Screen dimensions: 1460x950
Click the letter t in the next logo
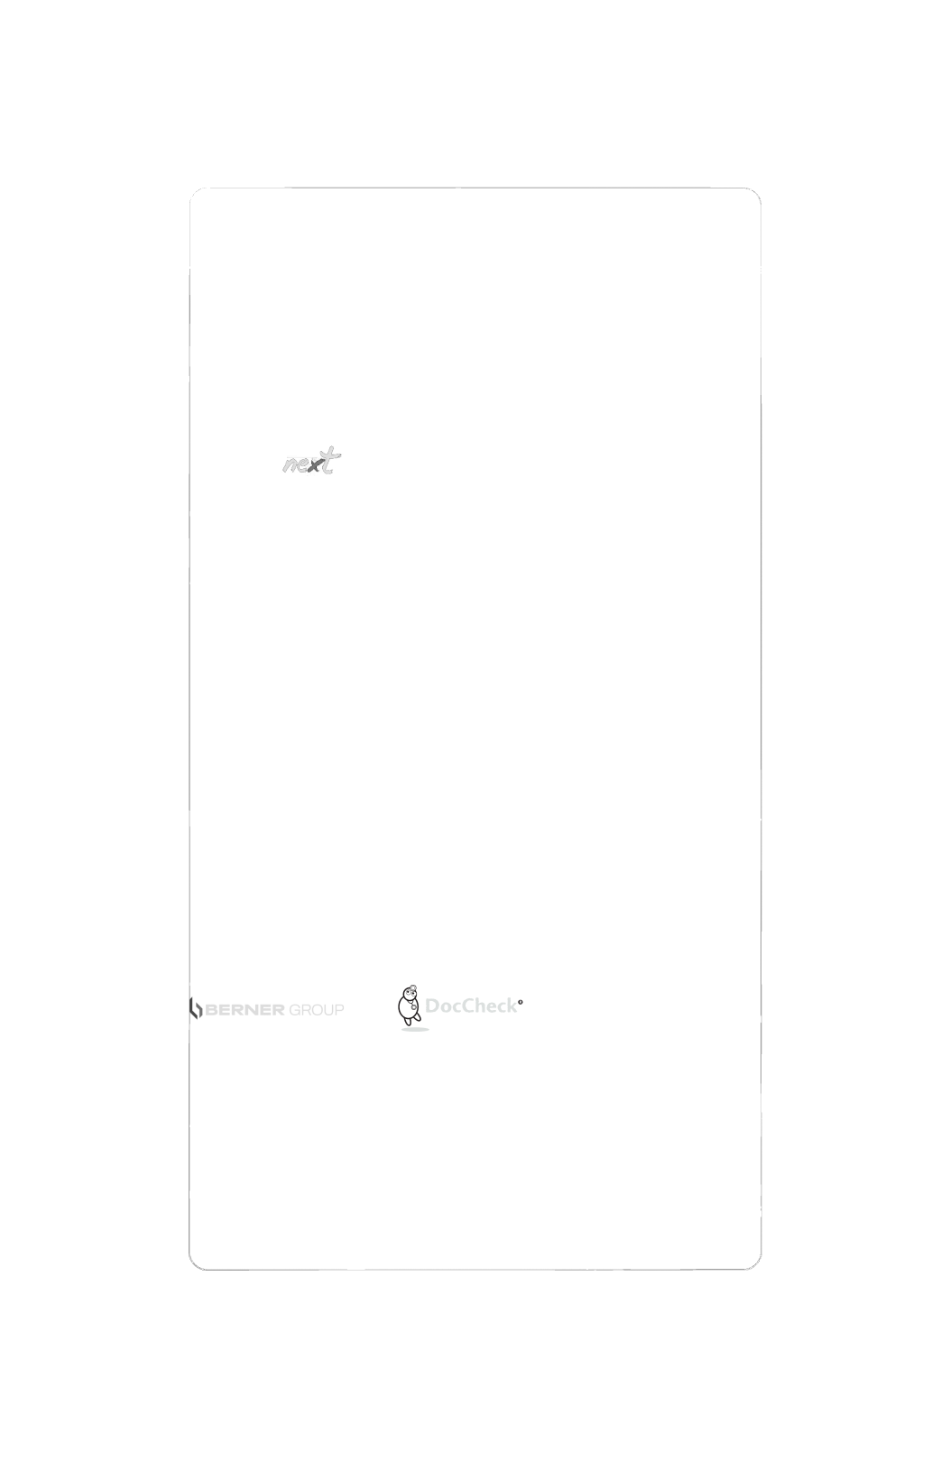click(x=334, y=460)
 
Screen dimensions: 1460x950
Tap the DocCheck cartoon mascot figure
click(x=410, y=1005)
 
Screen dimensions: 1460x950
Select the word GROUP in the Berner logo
click(x=315, y=1009)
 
